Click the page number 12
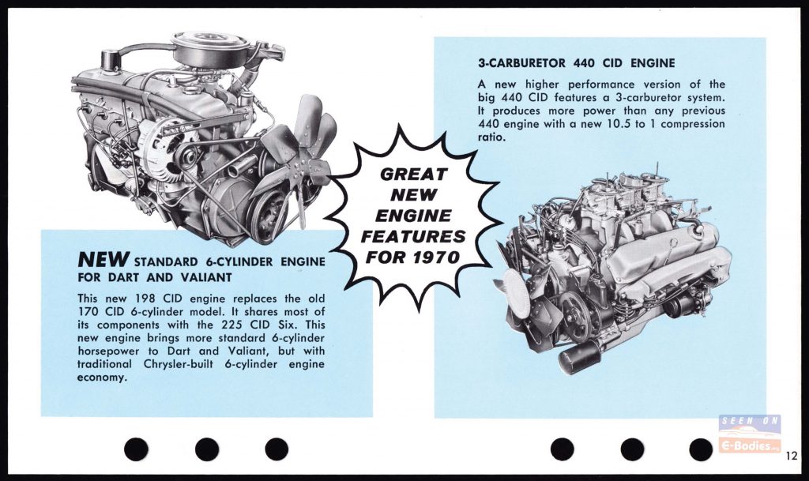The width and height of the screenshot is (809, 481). tap(792, 456)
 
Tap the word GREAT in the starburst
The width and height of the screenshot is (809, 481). tap(412, 175)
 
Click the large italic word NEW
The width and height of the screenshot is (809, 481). tap(103, 259)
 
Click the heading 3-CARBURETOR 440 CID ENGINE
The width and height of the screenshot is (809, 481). tap(576, 63)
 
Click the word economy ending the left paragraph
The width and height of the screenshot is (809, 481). tap(102, 378)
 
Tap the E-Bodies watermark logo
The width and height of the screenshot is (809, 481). tap(750, 434)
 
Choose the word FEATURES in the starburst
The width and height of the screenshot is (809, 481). tap(412, 236)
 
